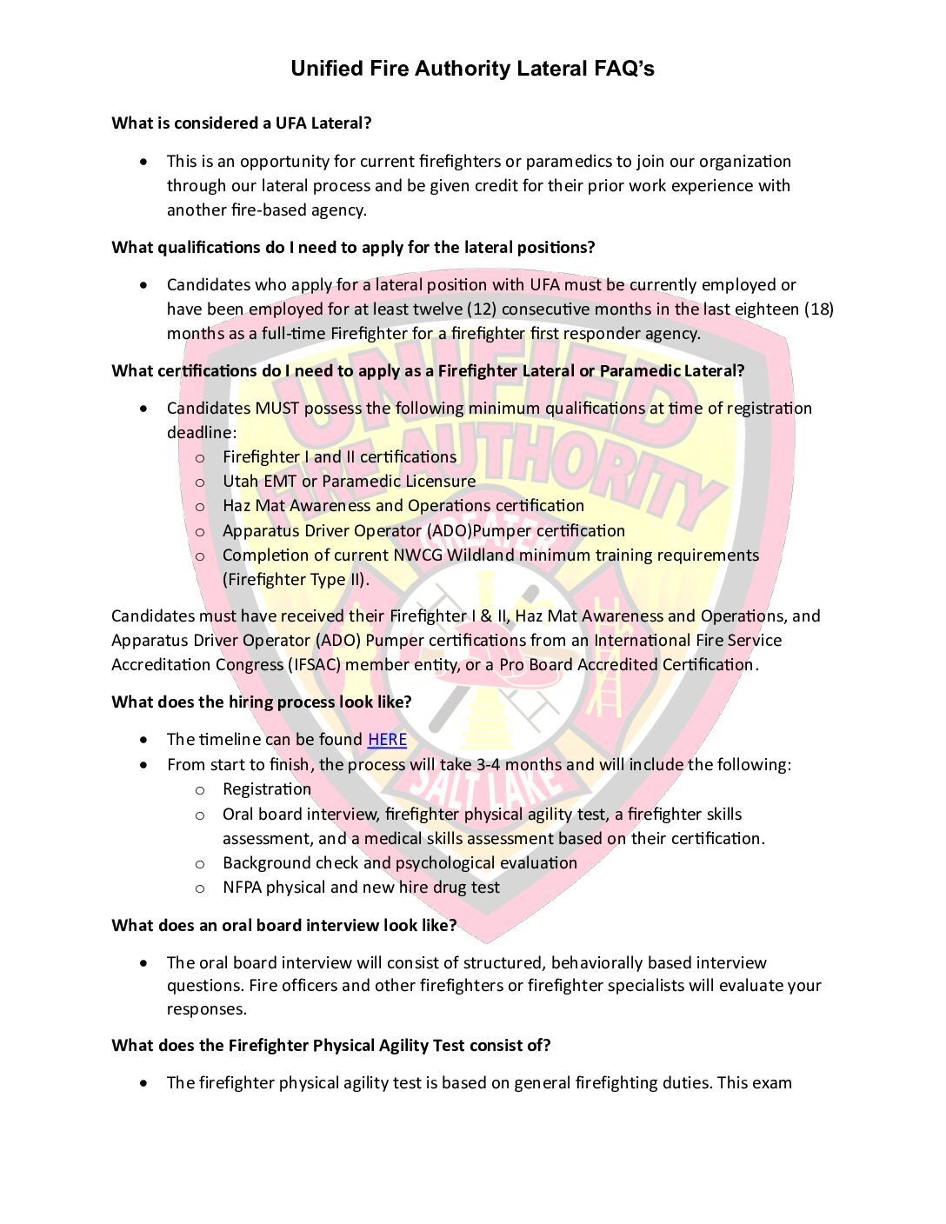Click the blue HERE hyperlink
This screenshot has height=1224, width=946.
[x=387, y=740]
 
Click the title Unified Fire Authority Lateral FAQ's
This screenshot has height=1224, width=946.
[x=472, y=69]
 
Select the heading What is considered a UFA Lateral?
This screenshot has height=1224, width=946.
[x=242, y=123]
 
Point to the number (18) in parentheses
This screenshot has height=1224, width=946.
[x=818, y=309]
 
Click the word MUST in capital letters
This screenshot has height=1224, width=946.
[x=276, y=409]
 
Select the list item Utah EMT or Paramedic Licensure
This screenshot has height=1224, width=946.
[x=349, y=482]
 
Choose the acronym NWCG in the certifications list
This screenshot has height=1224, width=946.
[x=413, y=555]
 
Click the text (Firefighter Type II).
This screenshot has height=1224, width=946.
[x=296, y=580]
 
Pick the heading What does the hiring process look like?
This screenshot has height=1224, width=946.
[x=262, y=702]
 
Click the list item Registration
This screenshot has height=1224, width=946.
[x=267, y=789]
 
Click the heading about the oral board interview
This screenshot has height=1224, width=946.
[x=284, y=926]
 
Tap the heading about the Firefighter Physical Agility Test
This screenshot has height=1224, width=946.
[x=331, y=1046]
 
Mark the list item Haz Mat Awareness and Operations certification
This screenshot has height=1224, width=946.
[x=403, y=506]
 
